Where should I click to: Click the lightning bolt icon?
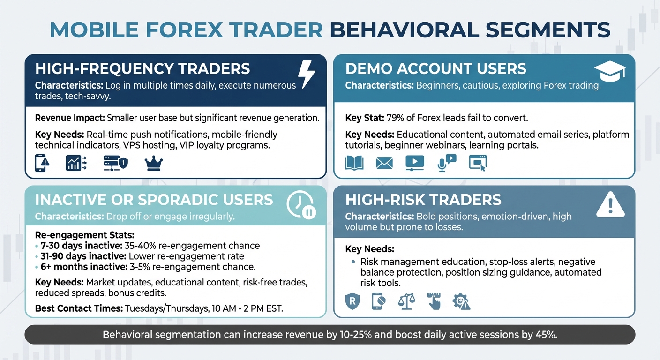(x=307, y=75)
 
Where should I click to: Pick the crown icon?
(x=154, y=163)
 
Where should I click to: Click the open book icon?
(x=354, y=163)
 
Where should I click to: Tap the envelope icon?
(x=384, y=163)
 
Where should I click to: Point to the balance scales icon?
(x=406, y=301)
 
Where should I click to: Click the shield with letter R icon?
(x=352, y=301)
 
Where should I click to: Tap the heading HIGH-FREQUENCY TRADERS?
(x=142, y=68)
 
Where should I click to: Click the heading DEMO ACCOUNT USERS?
(x=435, y=68)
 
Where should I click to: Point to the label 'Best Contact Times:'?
(x=78, y=308)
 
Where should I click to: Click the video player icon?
(x=414, y=163)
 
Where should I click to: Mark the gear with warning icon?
(x=461, y=301)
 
